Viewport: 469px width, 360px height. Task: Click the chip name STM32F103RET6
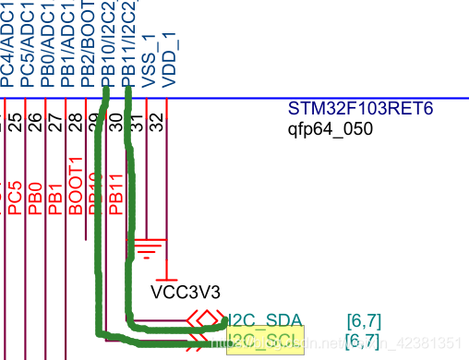click(360, 110)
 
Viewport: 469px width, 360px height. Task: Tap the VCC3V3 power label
click(186, 293)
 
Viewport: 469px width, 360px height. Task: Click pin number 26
click(35, 121)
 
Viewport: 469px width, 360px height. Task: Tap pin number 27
click(55, 121)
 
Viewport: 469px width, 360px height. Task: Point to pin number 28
click(76, 121)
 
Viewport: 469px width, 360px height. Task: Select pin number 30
click(115, 121)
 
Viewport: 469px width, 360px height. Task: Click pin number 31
click(137, 121)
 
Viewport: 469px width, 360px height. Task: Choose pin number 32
click(157, 121)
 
